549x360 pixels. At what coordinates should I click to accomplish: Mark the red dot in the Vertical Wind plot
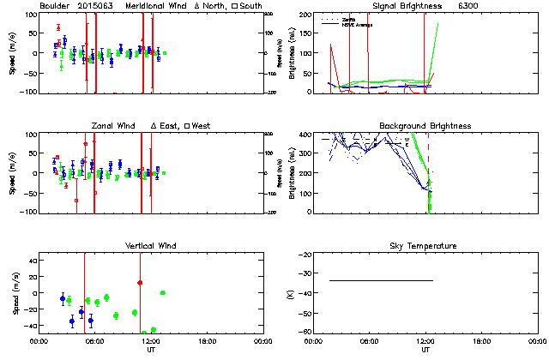click(140, 282)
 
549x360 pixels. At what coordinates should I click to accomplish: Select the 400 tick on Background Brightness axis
click(301, 135)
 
